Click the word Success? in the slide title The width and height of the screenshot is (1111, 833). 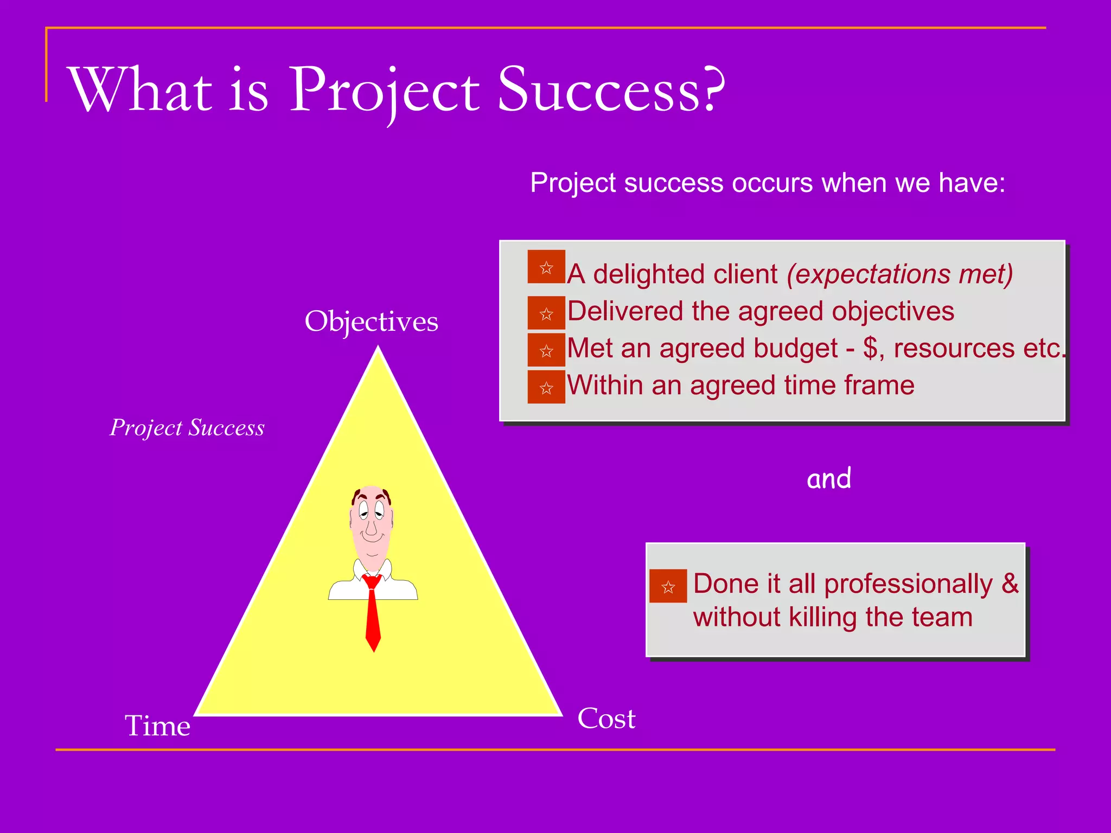(x=610, y=89)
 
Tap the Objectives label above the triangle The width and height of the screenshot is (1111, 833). (x=371, y=322)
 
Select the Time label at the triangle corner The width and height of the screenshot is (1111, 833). (x=157, y=726)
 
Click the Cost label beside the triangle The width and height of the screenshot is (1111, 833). (x=606, y=719)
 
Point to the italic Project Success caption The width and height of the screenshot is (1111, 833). (x=187, y=428)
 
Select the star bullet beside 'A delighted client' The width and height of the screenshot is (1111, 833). (x=546, y=267)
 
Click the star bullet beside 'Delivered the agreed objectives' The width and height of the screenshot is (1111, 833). (x=546, y=313)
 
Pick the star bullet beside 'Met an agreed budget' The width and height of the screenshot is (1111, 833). (x=546, y=351)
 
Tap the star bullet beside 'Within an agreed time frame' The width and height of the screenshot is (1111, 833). (x=546, y=388)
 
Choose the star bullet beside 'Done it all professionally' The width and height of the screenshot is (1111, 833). (x=668, y=586)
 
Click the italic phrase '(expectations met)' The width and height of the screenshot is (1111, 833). (x=899, y=274)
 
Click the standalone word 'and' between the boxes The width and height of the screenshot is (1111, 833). (x=828, y=479)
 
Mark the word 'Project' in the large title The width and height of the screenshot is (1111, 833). (x=384, y=89)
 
